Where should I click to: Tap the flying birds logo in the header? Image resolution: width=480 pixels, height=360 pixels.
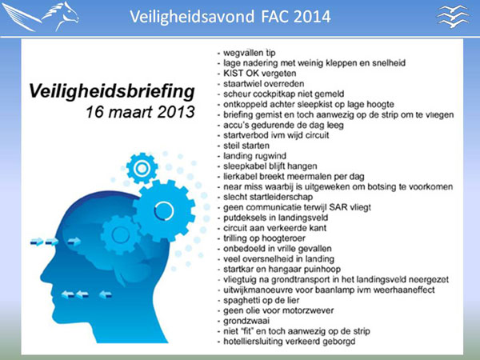(x=453, y=17)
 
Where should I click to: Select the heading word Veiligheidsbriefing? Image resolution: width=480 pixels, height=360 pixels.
(x=112, y=91)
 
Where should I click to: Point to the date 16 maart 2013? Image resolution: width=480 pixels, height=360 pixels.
(x=140, y=112)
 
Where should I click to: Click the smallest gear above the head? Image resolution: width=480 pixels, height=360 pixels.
(x=142, y=168)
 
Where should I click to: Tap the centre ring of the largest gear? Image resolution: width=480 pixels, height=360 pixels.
(x=164, y=211)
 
